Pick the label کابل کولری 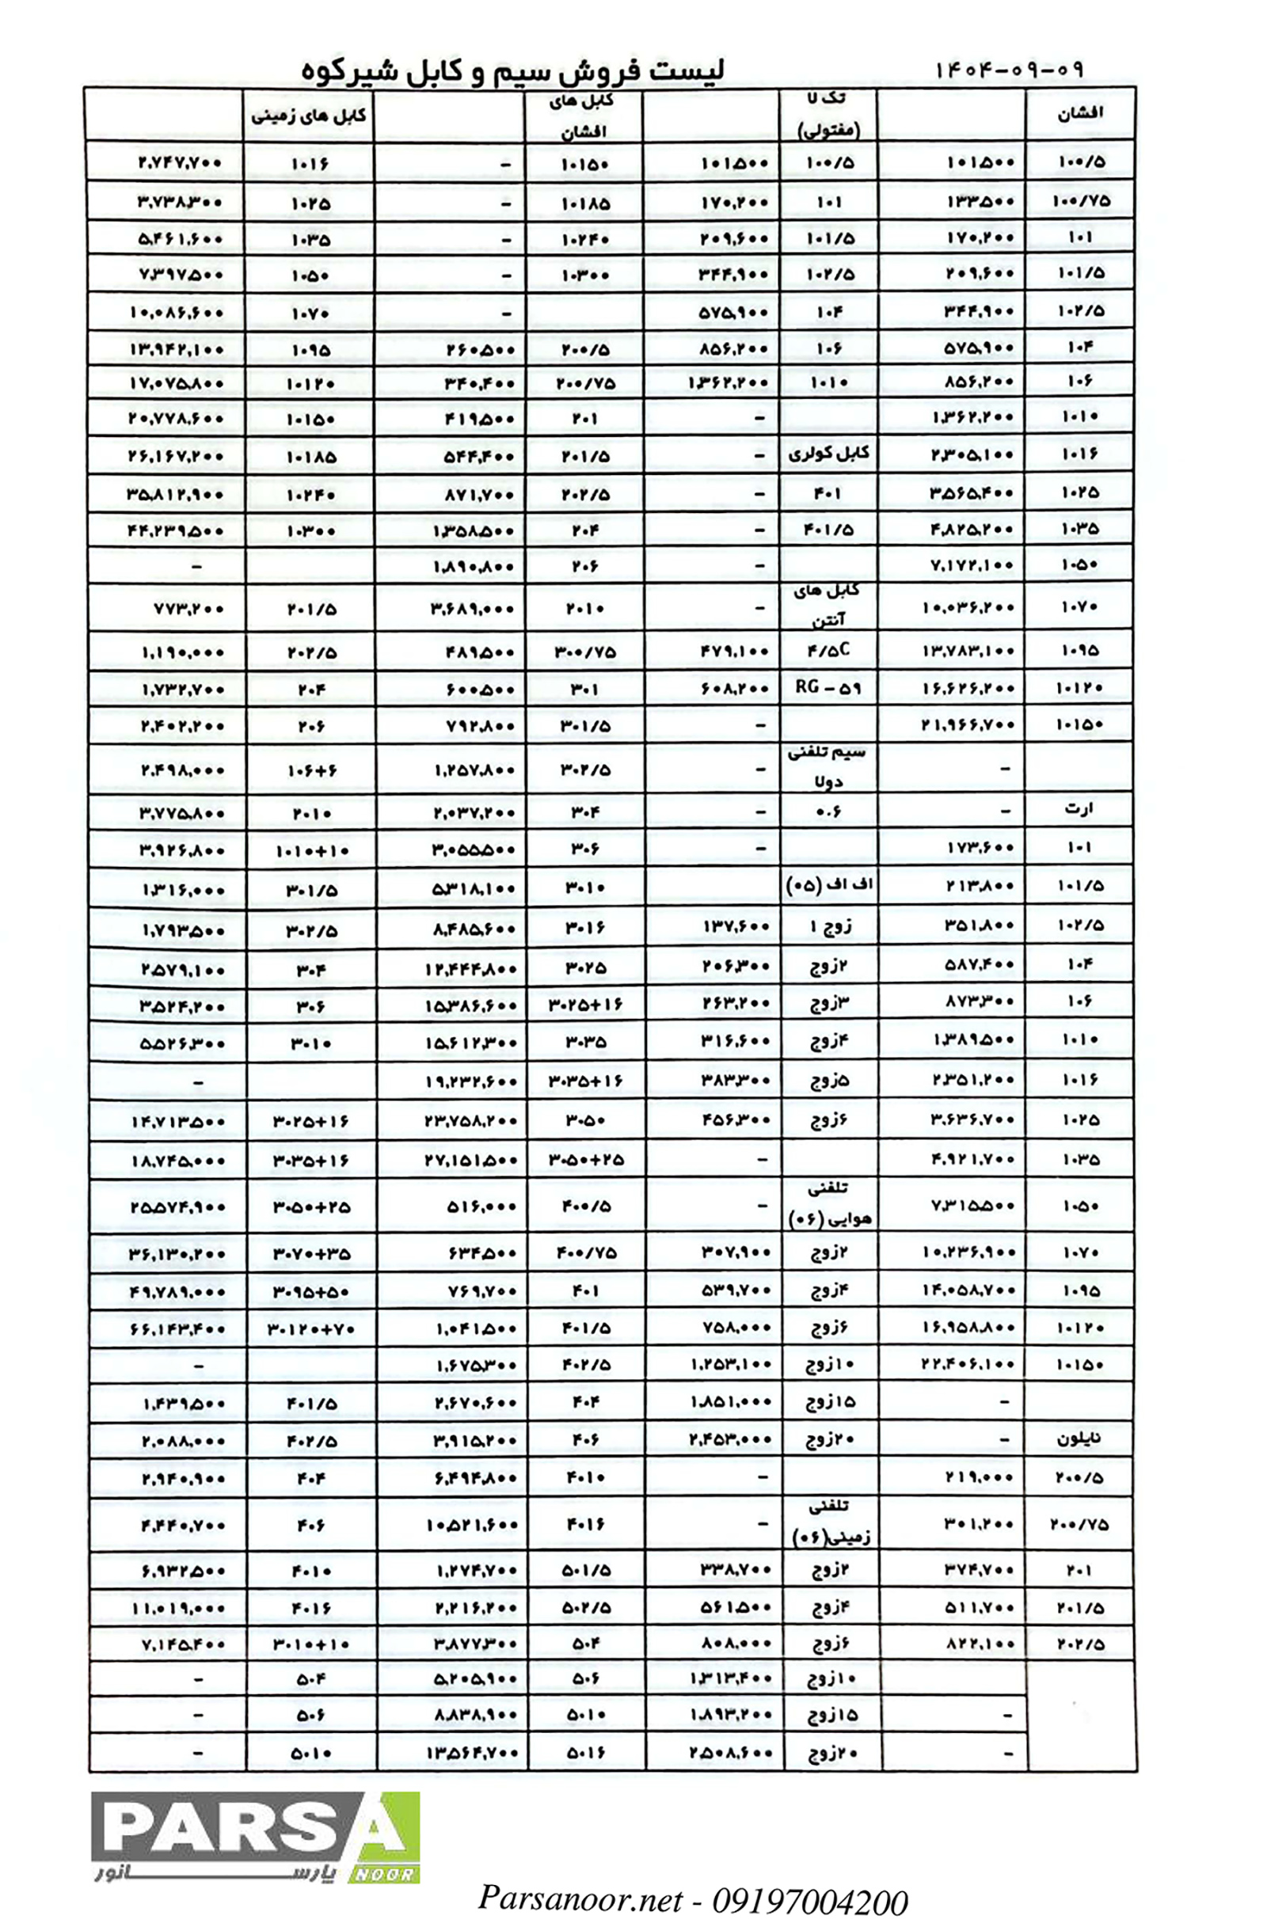pyautogui.click(x=828, y=454)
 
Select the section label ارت pyautogui.click(x=1079, y=809)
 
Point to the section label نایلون pyautogui.click(x=1079, y=1439)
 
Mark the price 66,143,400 pyautogui.click(x=177, y=1328)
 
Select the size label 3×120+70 pyautogui.click(x=311, y=1328)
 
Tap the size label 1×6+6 pyautogui.click(x=311, y=771)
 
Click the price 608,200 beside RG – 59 pyautogui.click(x=735, y=690)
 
